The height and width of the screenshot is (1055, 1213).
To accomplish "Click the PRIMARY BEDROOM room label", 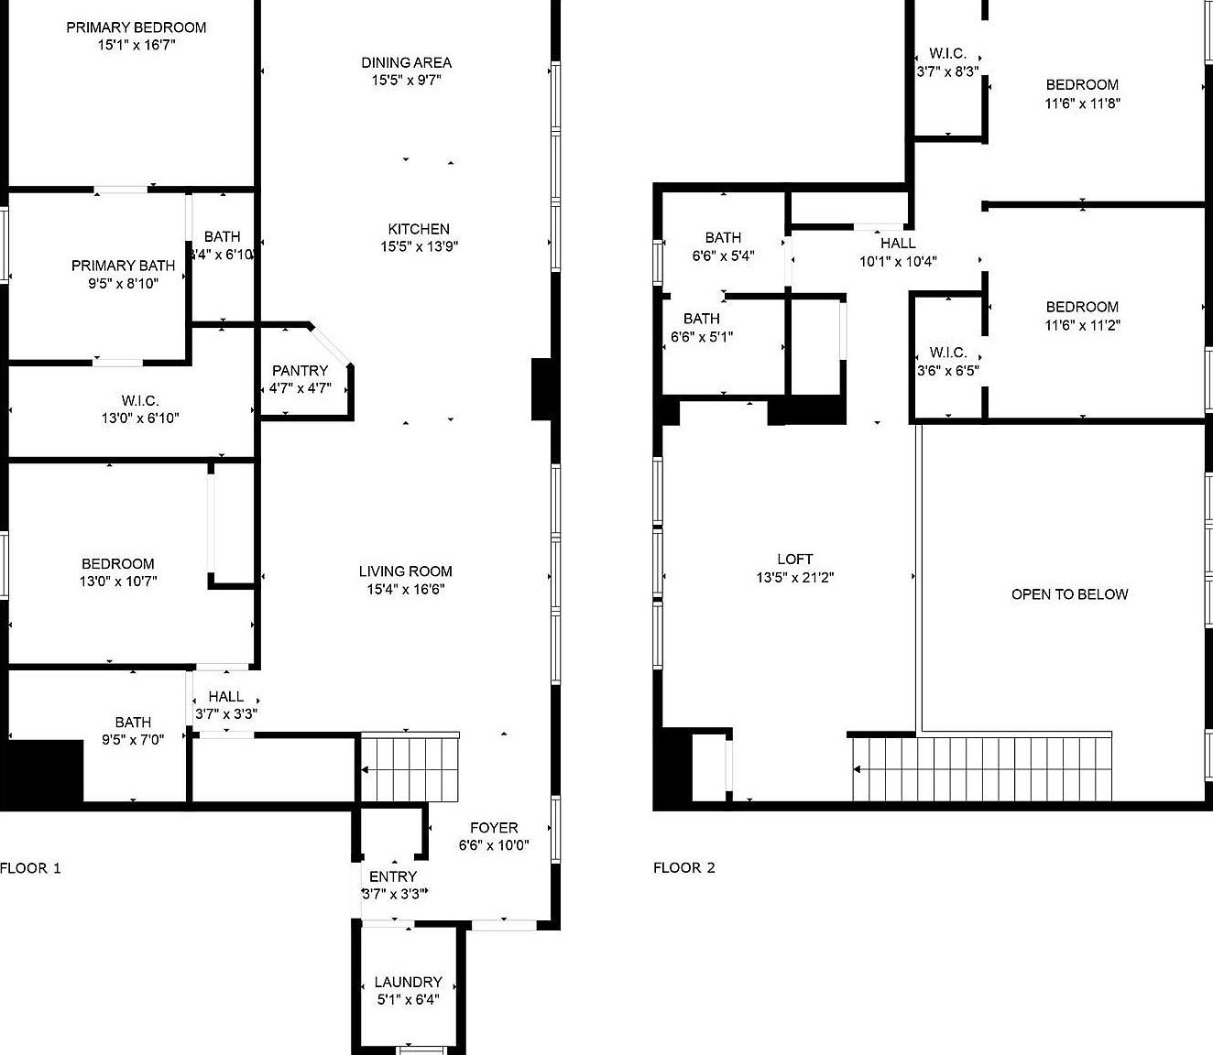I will (136, 27).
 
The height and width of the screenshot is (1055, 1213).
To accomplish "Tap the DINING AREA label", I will (406, 62).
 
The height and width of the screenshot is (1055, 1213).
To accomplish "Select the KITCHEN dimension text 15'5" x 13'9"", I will (419, 246).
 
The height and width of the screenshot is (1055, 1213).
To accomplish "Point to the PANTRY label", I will (300, 370).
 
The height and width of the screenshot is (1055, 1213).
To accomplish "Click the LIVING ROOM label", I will (405, 571).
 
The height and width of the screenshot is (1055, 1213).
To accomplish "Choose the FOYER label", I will (494, 828).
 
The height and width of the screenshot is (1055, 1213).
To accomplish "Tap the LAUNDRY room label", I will (408, 982).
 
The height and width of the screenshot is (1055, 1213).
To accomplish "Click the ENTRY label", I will (393, 876).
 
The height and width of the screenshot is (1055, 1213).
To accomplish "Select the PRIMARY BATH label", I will (123, 266).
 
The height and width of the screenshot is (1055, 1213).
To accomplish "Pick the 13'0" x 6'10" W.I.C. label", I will (139, 419).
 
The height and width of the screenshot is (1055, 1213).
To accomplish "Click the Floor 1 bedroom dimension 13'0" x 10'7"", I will (117, 581).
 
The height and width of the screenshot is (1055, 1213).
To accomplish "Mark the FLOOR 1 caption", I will (30, 868).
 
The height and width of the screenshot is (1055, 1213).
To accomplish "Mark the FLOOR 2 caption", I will (683, 868).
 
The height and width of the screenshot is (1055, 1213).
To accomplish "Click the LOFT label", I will (794, 559).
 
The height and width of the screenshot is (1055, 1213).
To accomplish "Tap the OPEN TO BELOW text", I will (1069, 594).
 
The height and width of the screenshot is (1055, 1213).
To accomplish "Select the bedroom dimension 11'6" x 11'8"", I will (1082, 103).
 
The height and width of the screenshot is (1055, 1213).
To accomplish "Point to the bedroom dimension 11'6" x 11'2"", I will (1082, 325).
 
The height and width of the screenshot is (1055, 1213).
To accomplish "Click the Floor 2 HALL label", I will (898, 244).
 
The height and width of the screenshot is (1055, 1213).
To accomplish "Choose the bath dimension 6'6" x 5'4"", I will (723, 256).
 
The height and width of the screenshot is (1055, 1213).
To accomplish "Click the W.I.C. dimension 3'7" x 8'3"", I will (947, 71).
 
